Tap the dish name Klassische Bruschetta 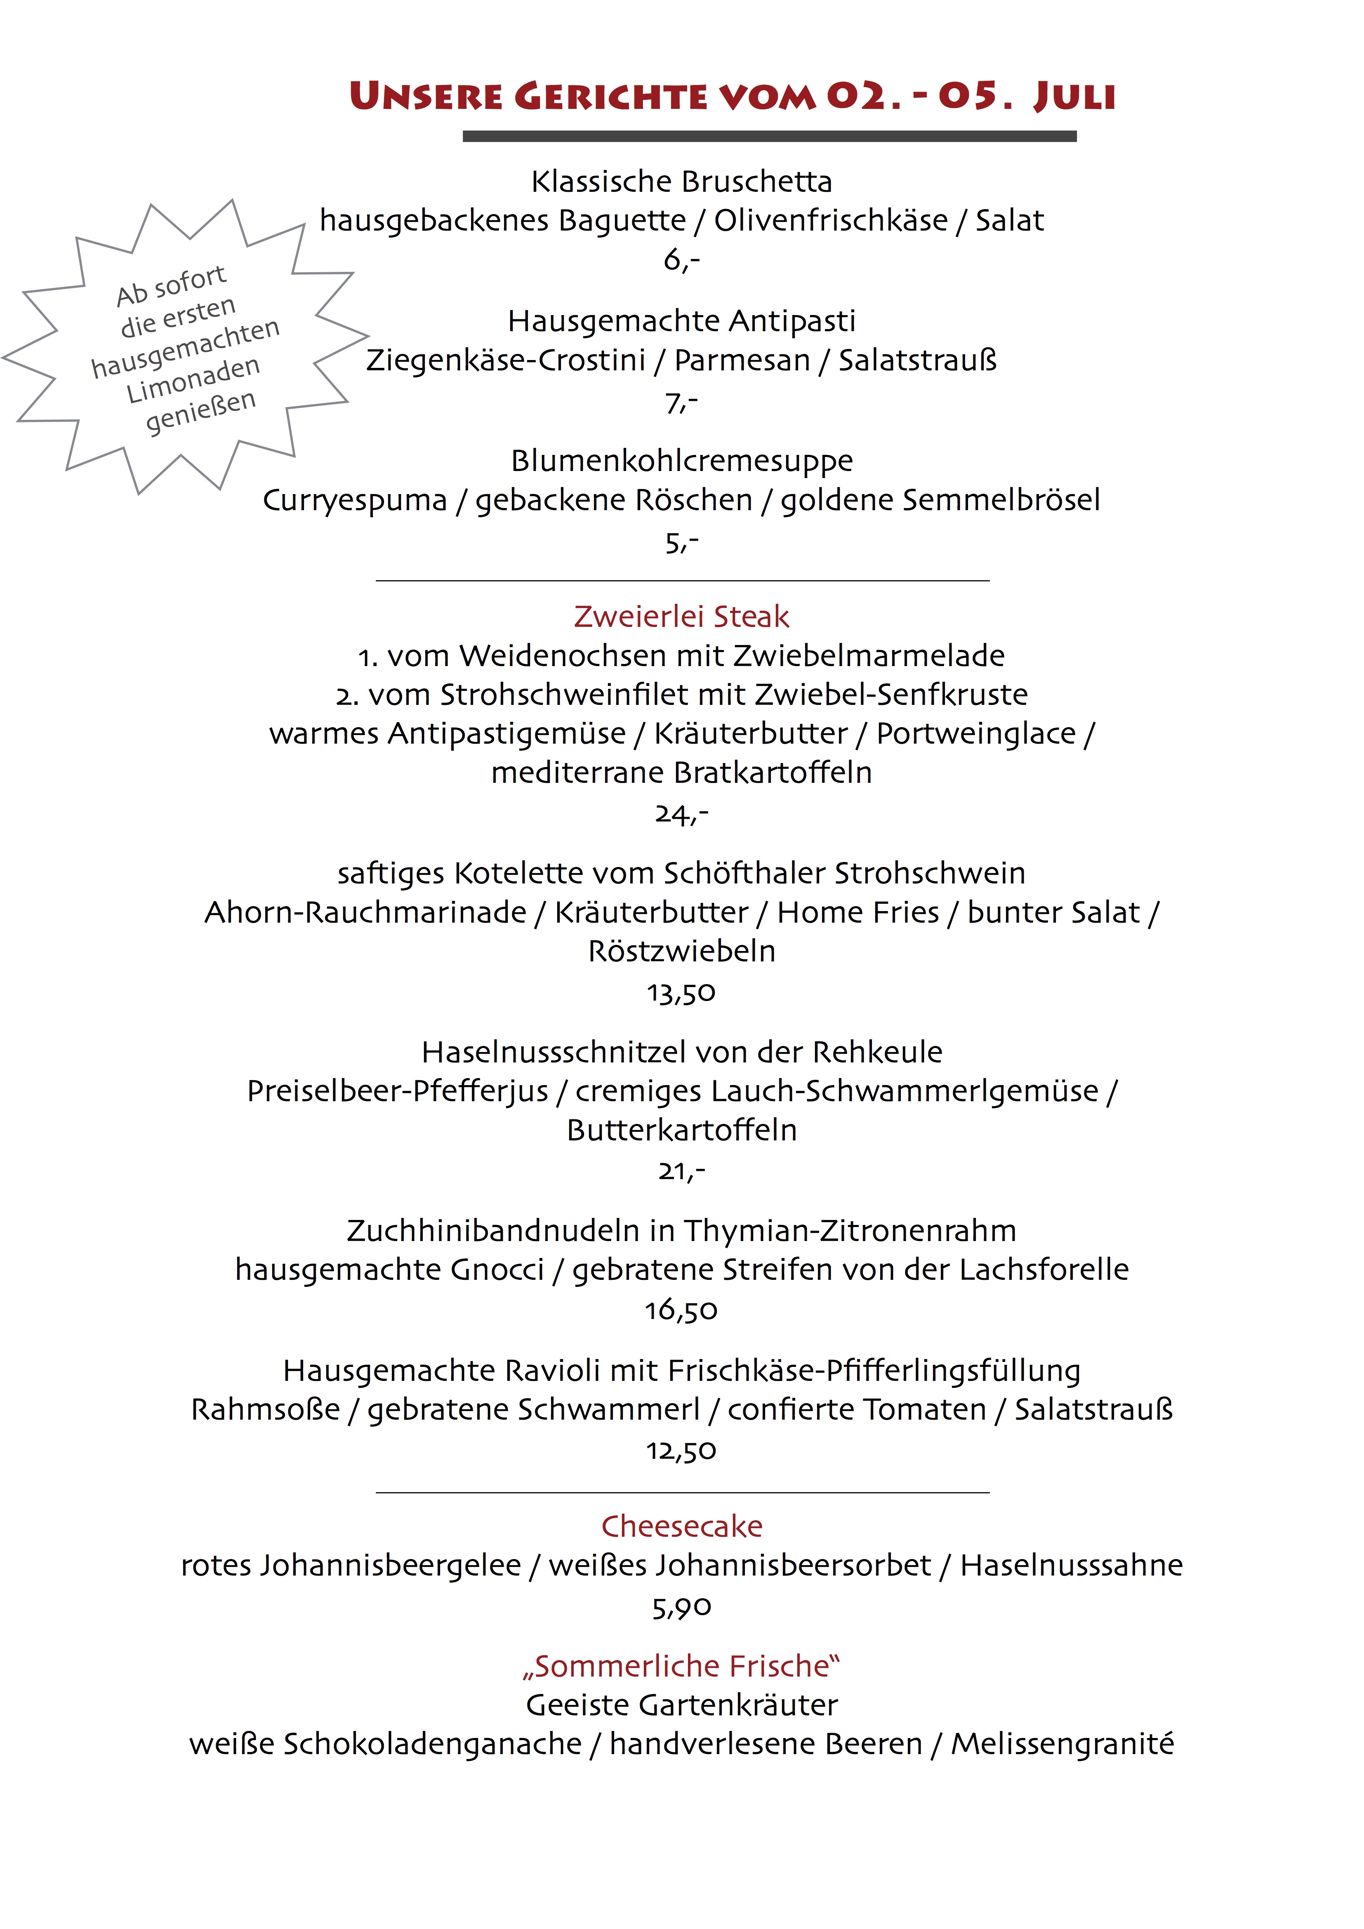click(x=681, y=181)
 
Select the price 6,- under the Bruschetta click(x=681, y=260)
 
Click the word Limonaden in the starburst click(x=193, y=380)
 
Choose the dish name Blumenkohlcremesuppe click(x=681, y=460)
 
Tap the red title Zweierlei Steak click(x=681, y=617)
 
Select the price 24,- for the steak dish click(x=681, y=813)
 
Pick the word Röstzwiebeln click(x=681, y=951)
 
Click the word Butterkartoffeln click(x=681, y=1130)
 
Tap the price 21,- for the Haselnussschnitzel click(x=681, y=1171)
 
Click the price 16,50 click(x=681, y=1310)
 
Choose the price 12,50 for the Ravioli click(x=681, y=1450)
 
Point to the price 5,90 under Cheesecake click(x=681, y=1607)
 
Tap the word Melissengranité click(x=1062, y=1744)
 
